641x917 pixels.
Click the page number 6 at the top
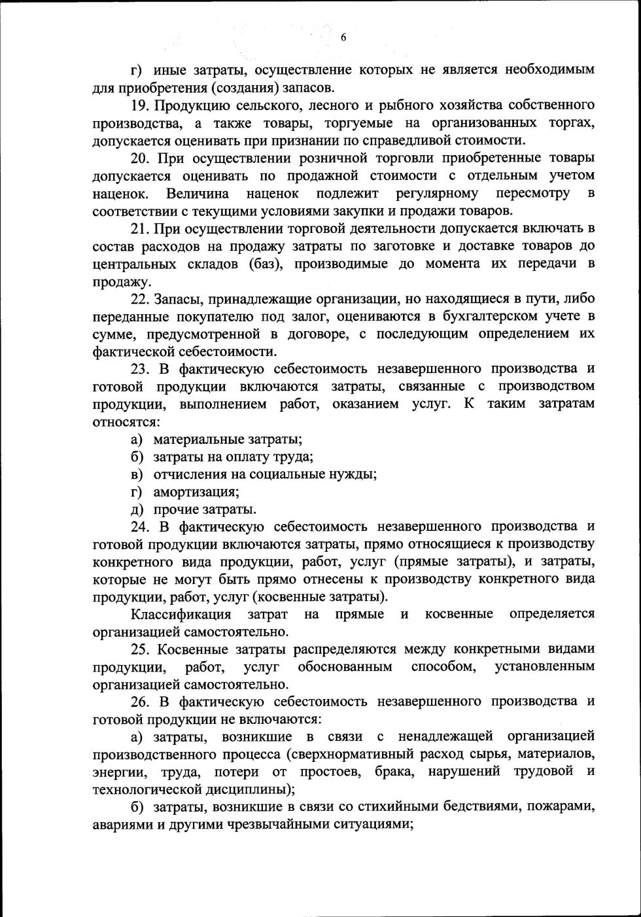coord(343,37)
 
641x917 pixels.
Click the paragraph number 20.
coord(141,158)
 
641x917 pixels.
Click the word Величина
coord(198,194)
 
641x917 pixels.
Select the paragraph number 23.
coord(141,369)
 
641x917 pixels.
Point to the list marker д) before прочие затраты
coord(137,510)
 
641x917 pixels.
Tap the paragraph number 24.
coord(141,527)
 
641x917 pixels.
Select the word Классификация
coord(181,615)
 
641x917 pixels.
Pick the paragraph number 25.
coord(141,649)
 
